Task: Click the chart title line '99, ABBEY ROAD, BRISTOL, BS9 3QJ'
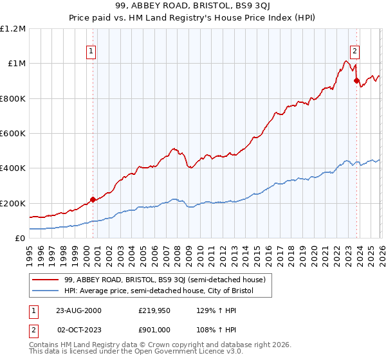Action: [193, 7]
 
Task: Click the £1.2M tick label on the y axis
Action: [13, 29]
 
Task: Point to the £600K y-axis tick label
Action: [13, 134]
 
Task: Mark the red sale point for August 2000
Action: [93, 199]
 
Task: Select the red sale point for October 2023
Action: [356, 80]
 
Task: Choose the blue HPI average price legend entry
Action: [159, 291]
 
